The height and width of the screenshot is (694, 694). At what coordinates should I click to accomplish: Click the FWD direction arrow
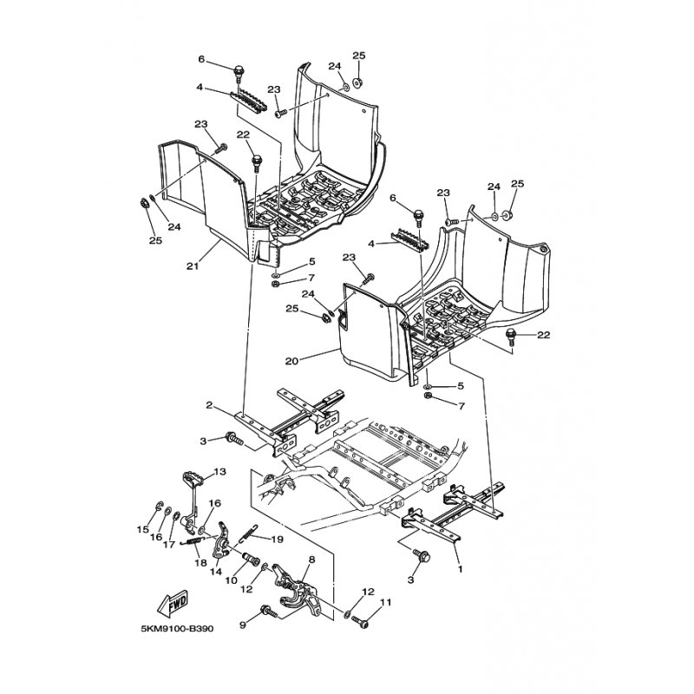pyautogui.click(x=173, y=604)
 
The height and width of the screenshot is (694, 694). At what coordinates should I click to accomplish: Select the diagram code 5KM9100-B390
pyautogui.click(x=177, y=628)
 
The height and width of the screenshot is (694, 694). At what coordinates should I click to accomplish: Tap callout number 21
pyautogui.click(x=193, y=266)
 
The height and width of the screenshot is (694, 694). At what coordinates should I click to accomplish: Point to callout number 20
pyautogui.click(x=291, y=361)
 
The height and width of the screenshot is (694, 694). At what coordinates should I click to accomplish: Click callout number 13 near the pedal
pyautogui.click(x=220, y=472)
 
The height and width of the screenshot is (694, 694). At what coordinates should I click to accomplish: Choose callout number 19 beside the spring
pyautogui.click(x=278, y=539)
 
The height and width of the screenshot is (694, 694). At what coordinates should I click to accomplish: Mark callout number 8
pyautogui.click(x=312, y=560)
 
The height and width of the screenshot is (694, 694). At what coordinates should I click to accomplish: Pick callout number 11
pyautogui.click(x=385, y=602)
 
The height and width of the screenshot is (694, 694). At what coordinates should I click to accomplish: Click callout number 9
pyautogui.click(x=242, y=625)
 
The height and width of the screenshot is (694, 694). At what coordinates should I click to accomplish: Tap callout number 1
pyautogui.click(x=461, y=569)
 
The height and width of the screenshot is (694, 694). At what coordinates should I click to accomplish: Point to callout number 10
pyautogui.click(x=232, y=580)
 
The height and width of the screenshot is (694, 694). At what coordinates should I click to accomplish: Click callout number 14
pyautogui.click(x=215, y=572)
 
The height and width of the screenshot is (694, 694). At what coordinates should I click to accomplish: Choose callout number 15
pyautogui.click(x=143, y=529)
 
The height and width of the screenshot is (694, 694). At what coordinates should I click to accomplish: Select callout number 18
pyautogui.click(x=200, y=562)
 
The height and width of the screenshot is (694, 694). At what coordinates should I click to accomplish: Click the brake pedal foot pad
pyautogui.click(x=193, y=478)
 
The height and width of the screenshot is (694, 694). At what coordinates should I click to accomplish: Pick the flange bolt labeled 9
pyautogui.click(x=270, y=612)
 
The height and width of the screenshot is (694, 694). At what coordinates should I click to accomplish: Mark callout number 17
pyautogui.click(x=169, y=545)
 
